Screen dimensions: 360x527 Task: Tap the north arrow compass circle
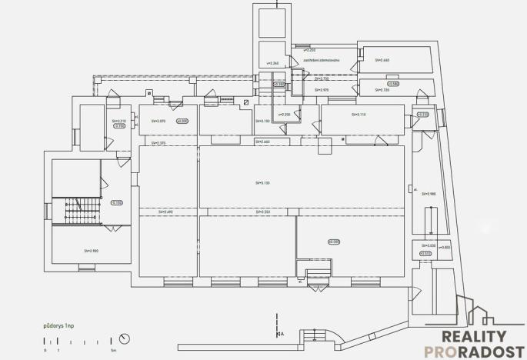pos(125,338)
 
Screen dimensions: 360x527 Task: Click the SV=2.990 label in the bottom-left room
pos(92,250)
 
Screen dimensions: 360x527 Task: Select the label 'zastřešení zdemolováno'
pos(324,60)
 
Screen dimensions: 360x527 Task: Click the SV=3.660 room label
pos(382,59)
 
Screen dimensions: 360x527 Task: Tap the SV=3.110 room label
pos(359,114)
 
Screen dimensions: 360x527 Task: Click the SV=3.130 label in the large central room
pos(263,182)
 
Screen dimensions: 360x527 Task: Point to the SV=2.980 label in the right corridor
pos(429,194)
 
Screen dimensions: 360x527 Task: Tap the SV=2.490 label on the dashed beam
pos(166,212)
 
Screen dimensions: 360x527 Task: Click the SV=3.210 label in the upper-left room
pos(118,121)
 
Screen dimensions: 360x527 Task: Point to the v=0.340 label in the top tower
pos(272,63)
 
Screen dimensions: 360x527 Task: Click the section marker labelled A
pos(281,334)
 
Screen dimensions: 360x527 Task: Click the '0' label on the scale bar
pos(45,350)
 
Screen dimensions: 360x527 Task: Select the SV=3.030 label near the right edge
pos(427,245)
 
